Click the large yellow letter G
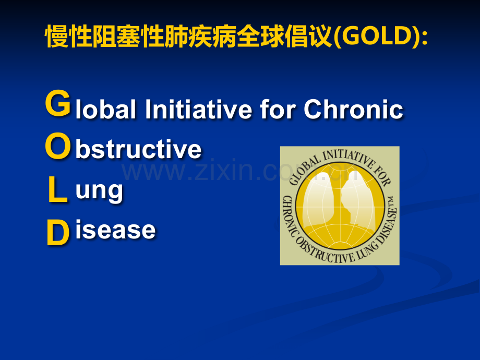click(x=58, y=103)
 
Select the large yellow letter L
click(x=57, y=190)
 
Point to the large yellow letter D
click(x=58, y=233)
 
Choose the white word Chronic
click(x=353, y=109)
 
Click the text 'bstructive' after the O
click(x=138, y=149)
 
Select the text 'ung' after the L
click(x=99, y=191)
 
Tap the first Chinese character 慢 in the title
click(x=57, y=37)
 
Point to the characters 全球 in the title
click(x=260, y=37)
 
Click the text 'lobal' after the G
click(x=105, y=109)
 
